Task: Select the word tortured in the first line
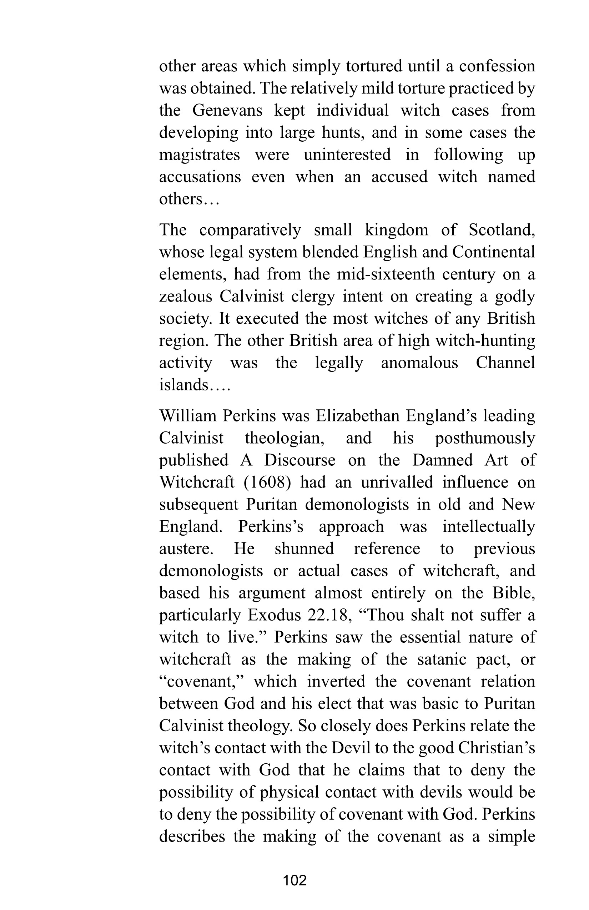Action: coord(374,66)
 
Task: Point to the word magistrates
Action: coord(200,155)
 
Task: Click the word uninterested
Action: coord(347,155)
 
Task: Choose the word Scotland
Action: coord(502,230)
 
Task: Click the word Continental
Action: coord(493,252)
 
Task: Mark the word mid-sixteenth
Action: coord(386,274)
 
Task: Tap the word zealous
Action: coord(186,296)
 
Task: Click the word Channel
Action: coord(505,363)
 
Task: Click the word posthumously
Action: coord(485,438)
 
